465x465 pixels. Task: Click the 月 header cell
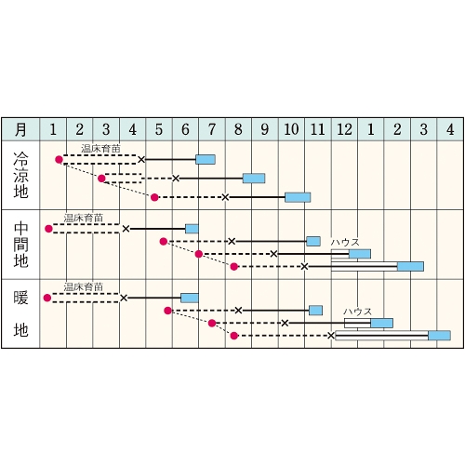(20, 129)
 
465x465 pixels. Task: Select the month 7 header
(212, 129)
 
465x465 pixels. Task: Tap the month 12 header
(344, 129)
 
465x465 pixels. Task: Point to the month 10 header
(291, 129)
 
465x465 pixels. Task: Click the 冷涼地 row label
(20, 175)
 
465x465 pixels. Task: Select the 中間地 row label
(20, 245)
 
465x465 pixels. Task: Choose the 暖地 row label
(20, 313)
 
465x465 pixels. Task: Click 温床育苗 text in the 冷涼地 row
(100, 149)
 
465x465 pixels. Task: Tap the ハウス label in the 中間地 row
(345, 243)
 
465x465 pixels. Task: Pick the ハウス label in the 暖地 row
(357, 312)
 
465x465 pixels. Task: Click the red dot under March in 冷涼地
(101, 179)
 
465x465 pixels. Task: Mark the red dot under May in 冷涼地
(154, 197)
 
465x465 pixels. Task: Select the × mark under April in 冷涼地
(141, 160)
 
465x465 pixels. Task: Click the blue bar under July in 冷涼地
(206, 160)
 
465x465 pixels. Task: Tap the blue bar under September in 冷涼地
(254, 179)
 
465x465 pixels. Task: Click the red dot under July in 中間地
(199, 254)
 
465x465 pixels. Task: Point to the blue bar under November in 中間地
(313, 241)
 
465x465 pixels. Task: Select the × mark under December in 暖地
(331, 336)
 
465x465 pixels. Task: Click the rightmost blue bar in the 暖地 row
(439, 336)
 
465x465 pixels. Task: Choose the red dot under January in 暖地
(47, 298)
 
